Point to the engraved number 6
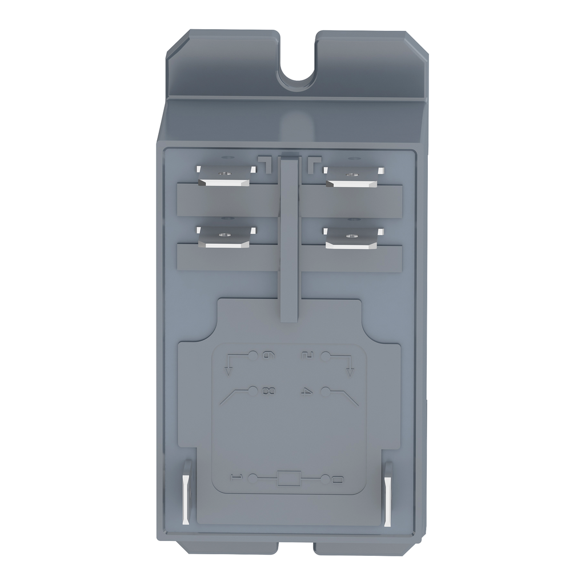coord(266,357)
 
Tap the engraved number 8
coord(265,391)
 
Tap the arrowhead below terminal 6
coord(229,372)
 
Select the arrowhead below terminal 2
coord(350,372)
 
